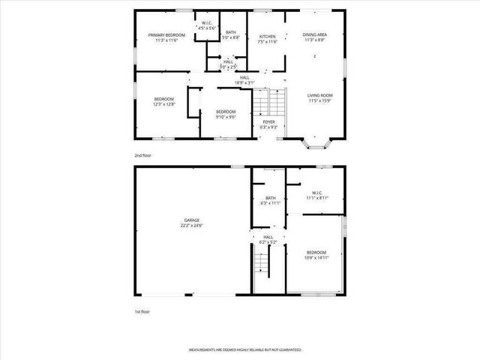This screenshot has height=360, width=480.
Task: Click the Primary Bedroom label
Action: [166, 34]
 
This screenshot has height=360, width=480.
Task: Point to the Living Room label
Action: [320, 95]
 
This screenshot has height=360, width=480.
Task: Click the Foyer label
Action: [268, 121]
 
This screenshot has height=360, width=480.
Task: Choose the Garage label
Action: [192, 220]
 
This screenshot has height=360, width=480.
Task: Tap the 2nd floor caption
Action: [142, 155]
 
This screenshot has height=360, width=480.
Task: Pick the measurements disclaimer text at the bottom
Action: [239, 349]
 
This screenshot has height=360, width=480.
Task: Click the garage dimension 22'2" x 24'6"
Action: [192, 225]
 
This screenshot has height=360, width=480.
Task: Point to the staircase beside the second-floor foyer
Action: [268, 100]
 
